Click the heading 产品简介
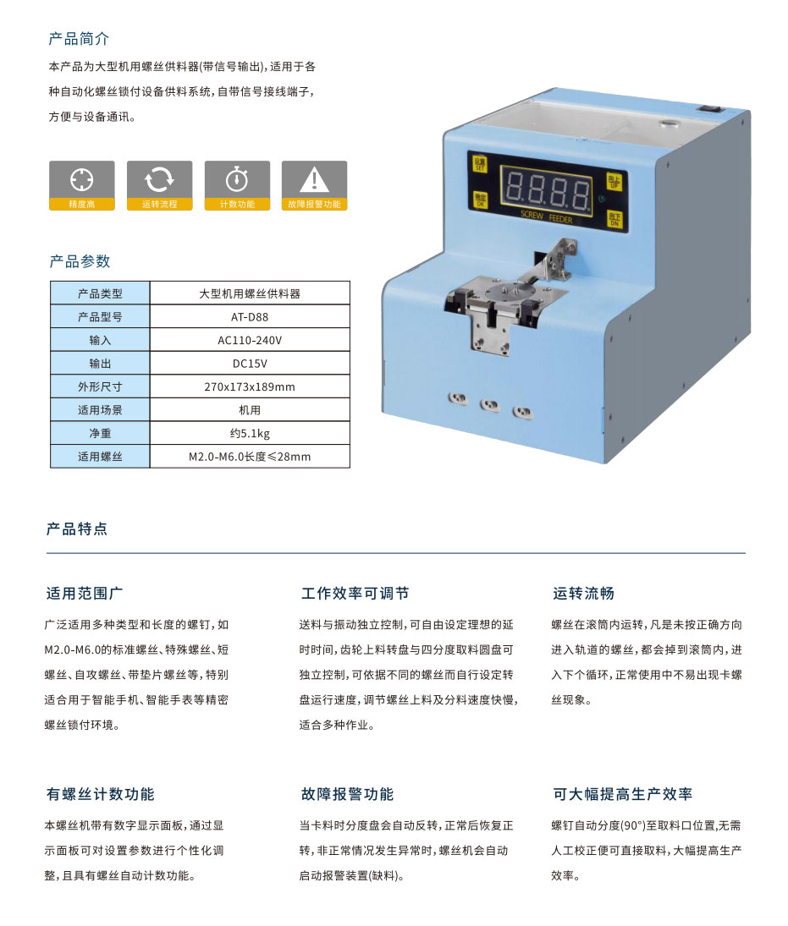click(79, 39)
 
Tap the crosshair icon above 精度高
click(81, 178)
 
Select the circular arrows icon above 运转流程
click(159, 178)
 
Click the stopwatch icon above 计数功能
click(237, 178)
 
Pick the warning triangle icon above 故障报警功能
click(315, 178)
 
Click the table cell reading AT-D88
click(250, 317)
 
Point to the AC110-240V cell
click(250, 340)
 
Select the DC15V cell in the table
click(250, 364)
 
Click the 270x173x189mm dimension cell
click(250, 386)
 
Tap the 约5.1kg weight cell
click(250, 433)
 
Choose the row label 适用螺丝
click(100, 457)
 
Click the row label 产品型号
click(100, 317)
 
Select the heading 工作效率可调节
click(355, 594)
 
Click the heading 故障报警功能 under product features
click(346, 795)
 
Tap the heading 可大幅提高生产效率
click(622, 795)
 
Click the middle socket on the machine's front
click(490, 406)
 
